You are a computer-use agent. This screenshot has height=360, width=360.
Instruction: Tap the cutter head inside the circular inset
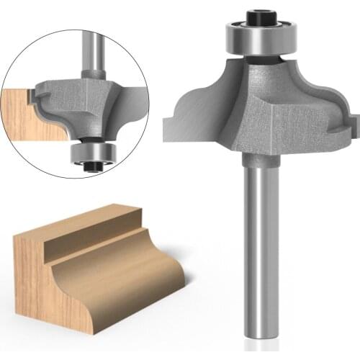tap(79, 101)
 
